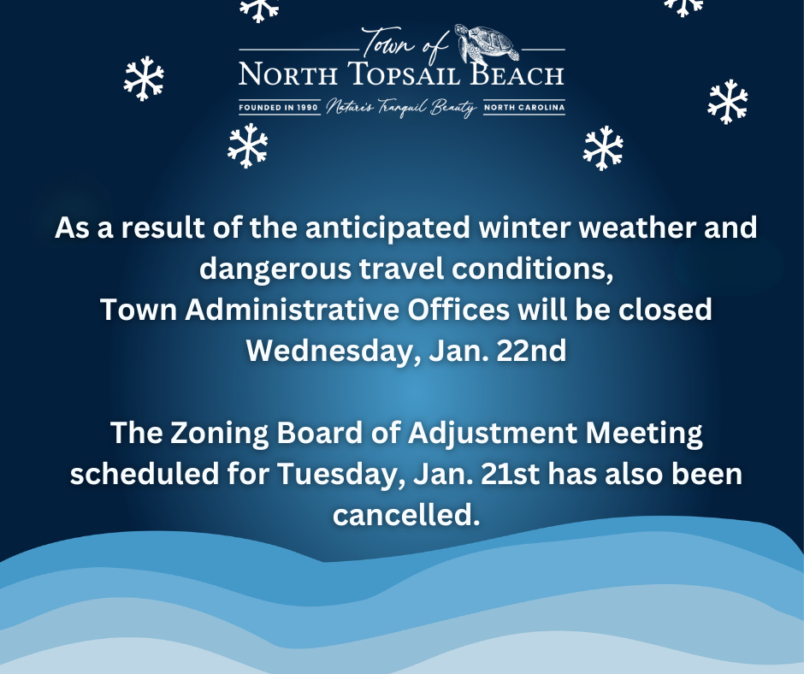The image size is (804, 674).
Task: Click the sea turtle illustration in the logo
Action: coord(488,43)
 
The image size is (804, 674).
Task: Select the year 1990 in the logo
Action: coord(307,108)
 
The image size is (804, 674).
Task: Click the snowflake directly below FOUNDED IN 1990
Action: coord(248,145)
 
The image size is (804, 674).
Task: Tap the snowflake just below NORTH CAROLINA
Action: coord(603,148)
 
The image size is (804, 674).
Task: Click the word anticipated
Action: coord(387,228)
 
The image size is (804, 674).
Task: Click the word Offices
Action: coord(458,310)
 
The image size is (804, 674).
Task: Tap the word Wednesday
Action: coord(329,351)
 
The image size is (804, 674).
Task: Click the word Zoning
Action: coord(219,433)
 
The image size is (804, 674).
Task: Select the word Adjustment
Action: coord(493,433)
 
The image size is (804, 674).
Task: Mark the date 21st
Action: coord(511,474)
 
